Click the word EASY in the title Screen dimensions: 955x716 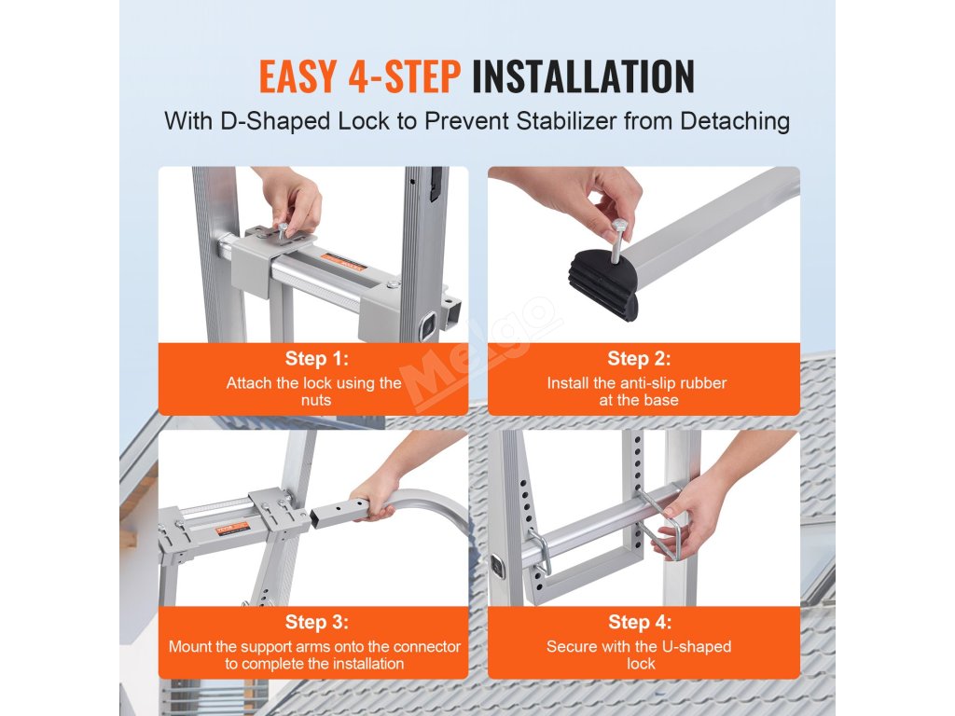coord(298,76)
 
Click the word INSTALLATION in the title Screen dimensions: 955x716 coord(583,76)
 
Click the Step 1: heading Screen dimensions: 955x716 coord(317,359)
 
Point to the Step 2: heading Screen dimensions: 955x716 coord(639,359)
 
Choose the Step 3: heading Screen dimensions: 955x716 coord(317,622)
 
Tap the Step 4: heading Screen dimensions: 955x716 coord(640,622)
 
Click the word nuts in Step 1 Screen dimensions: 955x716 coord(316,401)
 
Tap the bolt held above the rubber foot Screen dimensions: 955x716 coord(617,240)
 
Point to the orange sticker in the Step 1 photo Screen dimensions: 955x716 coord(342,262)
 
